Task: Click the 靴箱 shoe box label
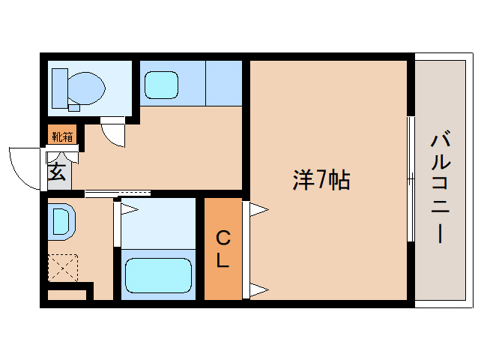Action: [x=62, y=136]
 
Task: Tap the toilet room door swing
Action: [x=115, y=133]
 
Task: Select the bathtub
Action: [x=157, y=276]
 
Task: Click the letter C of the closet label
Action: [x=223, y=238]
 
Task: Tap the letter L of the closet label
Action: [x=223, y=261]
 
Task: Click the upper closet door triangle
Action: [x=257, y=210]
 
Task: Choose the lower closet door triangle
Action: [x=257, y=289]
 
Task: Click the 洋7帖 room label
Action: [x=321, y=180]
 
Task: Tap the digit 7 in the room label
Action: [x=321, y=180]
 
